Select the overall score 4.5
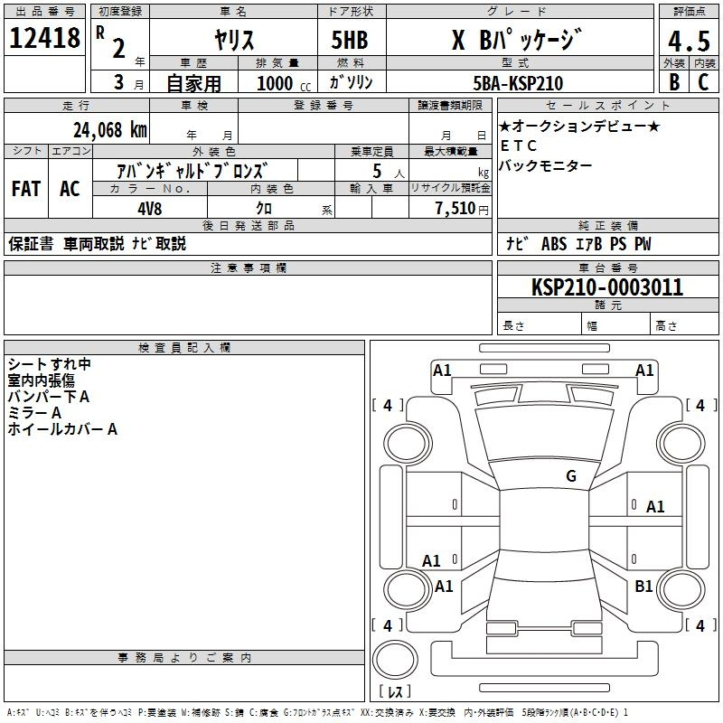tap(688, 42)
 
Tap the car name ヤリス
tap(234, 40)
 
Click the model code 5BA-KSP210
tap(518, 84)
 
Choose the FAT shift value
tap(25, 189)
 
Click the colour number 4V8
tap(151, 207)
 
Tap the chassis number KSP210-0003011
tap(606, 287)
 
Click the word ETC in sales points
tap(518, 146)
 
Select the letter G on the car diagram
tap(571, 476)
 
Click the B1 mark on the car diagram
tap(643, 587)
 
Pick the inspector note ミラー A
tap(34, 413)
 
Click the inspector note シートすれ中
tap(49, 364)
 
